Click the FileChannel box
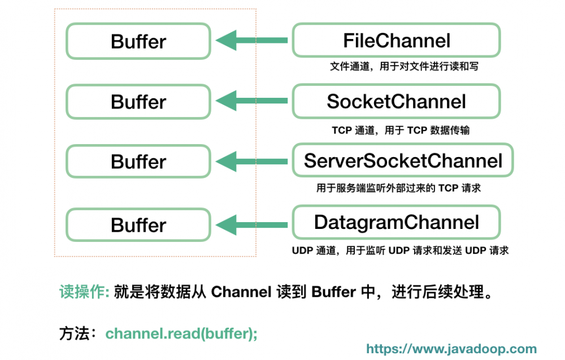tap(396, 41)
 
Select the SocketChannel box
tap(396, 101)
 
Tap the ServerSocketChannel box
tap(402, 161)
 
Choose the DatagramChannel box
tap(396, 222)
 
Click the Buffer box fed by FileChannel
tap(138, 41)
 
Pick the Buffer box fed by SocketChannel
tap(138, 102)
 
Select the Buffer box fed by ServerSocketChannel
tap(138, 162)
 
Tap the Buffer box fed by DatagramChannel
tap(138, 225)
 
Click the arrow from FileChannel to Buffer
tap(251, 41)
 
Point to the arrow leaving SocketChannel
tap(251, 102)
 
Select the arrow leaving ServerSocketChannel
tap(251, 162)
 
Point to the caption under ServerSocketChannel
tap(398, 188)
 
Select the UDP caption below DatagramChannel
tap(400, 250)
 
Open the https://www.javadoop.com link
tap(451, 349)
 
